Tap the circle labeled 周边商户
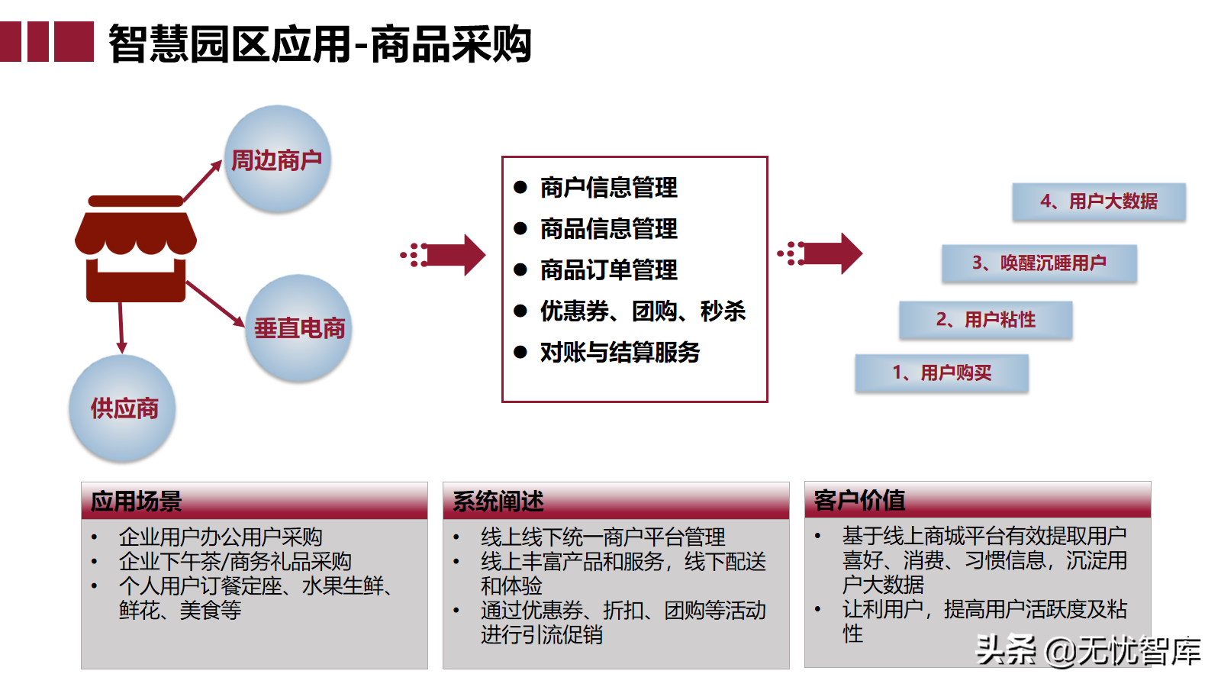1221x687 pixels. point(277,160)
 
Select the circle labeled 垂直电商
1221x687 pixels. point(298,328)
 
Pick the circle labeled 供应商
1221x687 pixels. point(123,408)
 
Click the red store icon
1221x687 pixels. point(136,249)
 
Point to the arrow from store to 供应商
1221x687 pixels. point(121,327)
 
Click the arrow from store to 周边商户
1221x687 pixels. point(202,181)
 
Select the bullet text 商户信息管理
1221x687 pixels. point(608,188)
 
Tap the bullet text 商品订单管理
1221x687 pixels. point(608,270)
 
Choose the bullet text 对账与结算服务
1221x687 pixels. point(620,353)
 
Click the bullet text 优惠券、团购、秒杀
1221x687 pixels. point(643,311)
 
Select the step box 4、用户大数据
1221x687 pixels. point(1099,202)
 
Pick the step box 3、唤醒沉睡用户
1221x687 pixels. point(1039,263)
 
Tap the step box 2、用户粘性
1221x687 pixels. point(986,320)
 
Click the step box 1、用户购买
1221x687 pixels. point(942,373)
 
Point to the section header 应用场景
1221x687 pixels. point(137,502)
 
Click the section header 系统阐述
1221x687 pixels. point(498,502)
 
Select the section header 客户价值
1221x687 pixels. point(860,501)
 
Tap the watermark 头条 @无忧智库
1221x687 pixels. point(1088,651)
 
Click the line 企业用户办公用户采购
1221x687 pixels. point(221,537)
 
